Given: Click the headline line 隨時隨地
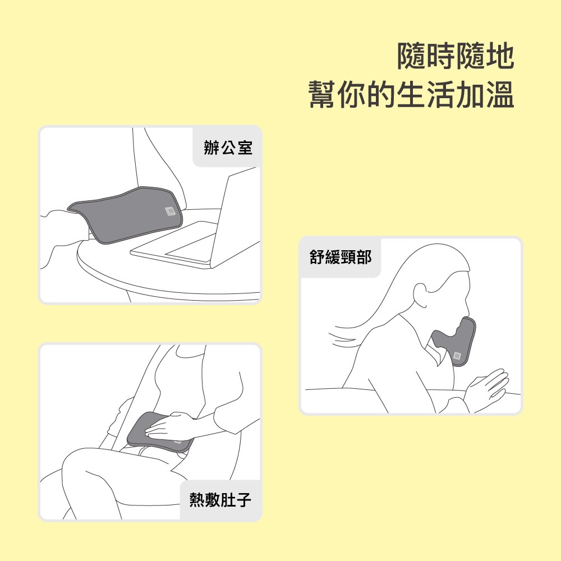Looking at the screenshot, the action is pos(456,56).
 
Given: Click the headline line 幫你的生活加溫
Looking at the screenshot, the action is pos(411,94).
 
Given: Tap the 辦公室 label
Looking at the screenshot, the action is pos(228,148).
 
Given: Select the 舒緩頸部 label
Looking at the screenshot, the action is pos(341,257).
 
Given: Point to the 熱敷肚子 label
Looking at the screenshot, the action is pos(220,499).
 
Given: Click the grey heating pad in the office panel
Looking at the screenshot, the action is pos(125,215).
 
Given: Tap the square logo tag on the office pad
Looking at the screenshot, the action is pos(171,212).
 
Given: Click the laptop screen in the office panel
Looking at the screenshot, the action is pos(236,215).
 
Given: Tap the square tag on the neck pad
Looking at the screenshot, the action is pos(457,356).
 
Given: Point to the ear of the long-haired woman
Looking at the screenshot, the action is pos(420,296).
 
